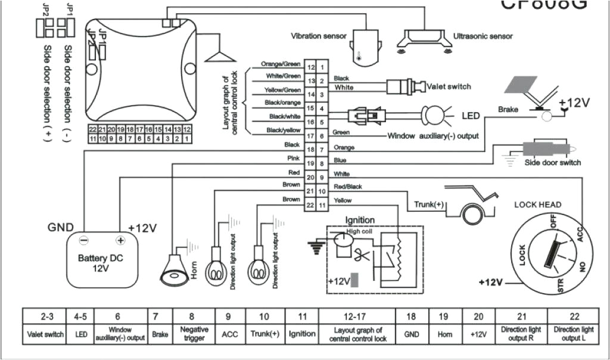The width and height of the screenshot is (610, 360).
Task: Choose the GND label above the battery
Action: pyautogui.click(x=61, y=228)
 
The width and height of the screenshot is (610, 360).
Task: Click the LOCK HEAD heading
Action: pyautogui.click(x=537, y=205)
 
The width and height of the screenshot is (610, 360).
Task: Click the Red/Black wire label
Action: pyautogui.click(x=347, y=187)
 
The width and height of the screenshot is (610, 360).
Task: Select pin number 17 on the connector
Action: pyautogui.click(x=310, y=136)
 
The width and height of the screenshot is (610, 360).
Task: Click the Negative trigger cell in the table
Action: pyautogui.click(x=194, y=333)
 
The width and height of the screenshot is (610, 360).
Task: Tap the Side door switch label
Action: pyautogui.click(x=552, y=163)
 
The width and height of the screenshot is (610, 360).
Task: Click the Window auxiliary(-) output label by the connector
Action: pyautogui.click(x=432, y=136)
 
